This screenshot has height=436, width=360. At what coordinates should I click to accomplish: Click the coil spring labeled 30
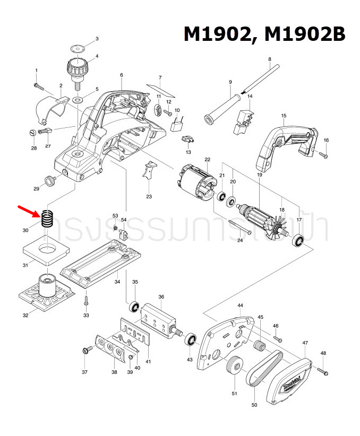pos(48,219)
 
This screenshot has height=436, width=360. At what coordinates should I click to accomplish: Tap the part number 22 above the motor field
pos(208,159)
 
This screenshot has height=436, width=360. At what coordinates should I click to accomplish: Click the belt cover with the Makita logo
pos(291,379)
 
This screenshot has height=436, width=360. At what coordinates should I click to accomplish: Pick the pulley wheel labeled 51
pos(234,368)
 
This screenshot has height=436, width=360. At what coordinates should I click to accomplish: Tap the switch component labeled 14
pos(243,119)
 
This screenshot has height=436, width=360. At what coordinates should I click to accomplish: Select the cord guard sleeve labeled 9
pos(219,110)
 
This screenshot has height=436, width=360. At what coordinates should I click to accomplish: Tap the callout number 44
pos(240,306)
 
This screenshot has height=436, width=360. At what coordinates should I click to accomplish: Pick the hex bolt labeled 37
pos(84,351)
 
